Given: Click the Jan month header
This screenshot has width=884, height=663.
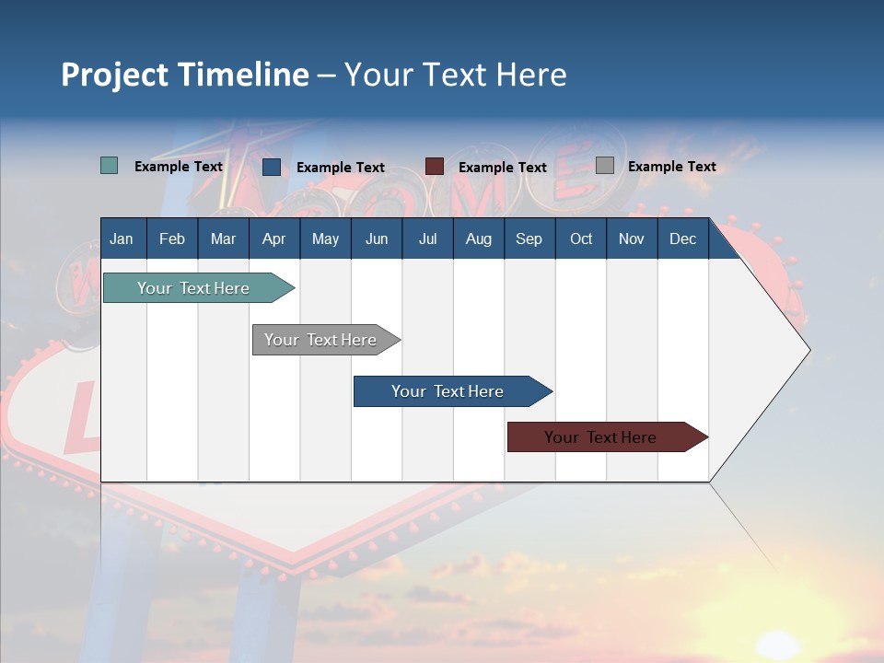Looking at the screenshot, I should pos(122,238).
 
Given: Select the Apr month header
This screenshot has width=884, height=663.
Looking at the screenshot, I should pos(273,238).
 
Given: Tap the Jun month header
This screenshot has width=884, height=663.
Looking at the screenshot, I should pos(377,238).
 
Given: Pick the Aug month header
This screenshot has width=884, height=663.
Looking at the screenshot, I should pos(478,238).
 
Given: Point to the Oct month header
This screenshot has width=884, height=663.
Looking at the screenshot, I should pos(581,238).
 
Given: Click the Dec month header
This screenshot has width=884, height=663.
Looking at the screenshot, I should pos(682,238).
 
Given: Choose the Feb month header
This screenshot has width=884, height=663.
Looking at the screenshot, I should pos(172,238).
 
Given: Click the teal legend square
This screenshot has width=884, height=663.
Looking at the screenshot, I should pos(110,166).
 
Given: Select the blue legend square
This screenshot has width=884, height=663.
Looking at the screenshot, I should pos(272,167).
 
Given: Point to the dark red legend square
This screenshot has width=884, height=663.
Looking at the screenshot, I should pos(435,167).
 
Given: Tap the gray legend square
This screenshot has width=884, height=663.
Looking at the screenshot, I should pos(605,166).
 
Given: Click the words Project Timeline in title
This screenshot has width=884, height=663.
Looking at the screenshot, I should pos(185,75).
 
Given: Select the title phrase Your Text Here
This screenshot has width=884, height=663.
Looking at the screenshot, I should pos(455,75).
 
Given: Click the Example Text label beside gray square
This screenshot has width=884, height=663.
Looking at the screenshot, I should pos(671,167).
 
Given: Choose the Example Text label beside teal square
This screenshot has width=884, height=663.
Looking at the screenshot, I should pos(179,167).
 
